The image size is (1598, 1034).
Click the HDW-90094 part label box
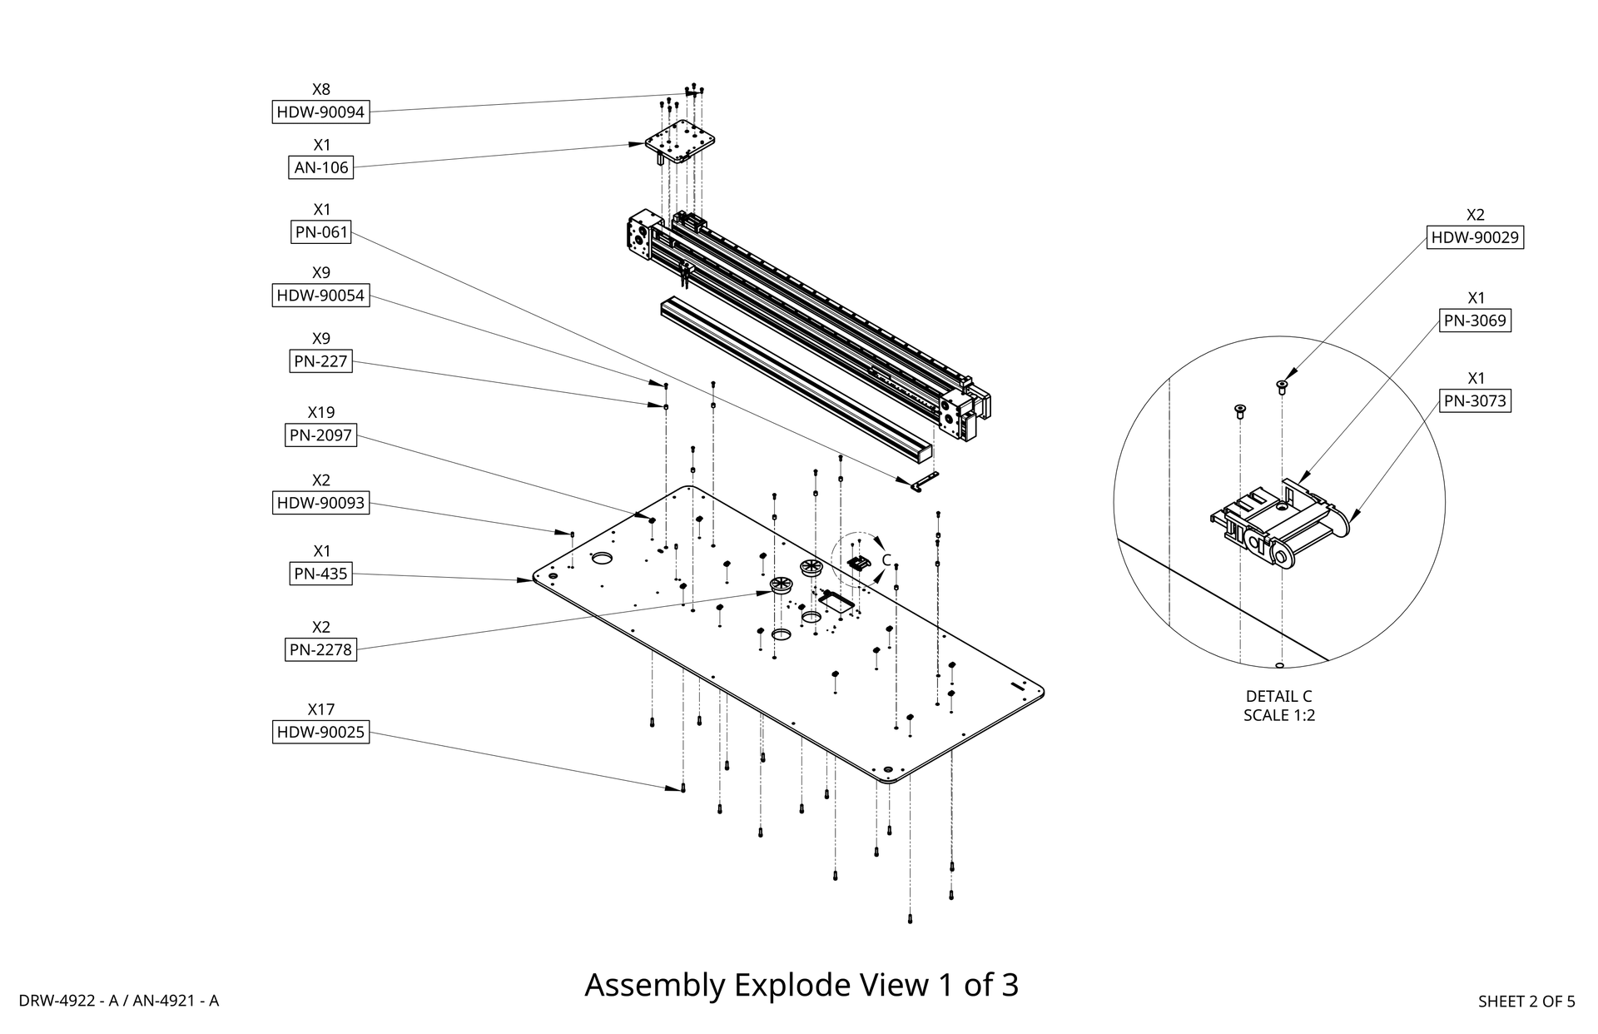[x=320, y=112]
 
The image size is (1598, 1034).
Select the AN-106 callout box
[x=321, y=167]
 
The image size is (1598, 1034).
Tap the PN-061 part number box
[x=321, y=231]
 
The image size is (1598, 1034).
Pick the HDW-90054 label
[x=320, y=296]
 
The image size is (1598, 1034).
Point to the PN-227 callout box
[x=321, y=361]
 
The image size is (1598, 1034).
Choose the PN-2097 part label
[x=321, y=435]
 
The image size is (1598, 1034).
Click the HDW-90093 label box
[x=320, y=503]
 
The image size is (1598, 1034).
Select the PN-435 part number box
[x=321, y=574]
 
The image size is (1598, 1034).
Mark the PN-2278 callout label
[x=321, y=649]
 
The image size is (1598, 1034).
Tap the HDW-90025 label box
[x=320, y=733]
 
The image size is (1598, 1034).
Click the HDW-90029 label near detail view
[x=1475, y=237]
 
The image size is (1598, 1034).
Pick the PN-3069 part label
[x=1475, y=321]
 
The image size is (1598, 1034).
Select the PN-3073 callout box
[x=1475, y=400]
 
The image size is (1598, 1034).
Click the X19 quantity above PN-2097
[x=321, y=412]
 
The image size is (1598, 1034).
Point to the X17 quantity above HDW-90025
[x=321, y=709]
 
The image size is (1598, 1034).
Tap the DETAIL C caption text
[x=1278, y=696]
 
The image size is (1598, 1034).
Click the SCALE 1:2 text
[x=1278, y=715]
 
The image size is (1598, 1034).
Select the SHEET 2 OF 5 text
[x=1526, y=1002]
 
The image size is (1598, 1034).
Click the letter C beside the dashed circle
[x=886, y=559]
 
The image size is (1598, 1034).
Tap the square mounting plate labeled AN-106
[x=682, y=142]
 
